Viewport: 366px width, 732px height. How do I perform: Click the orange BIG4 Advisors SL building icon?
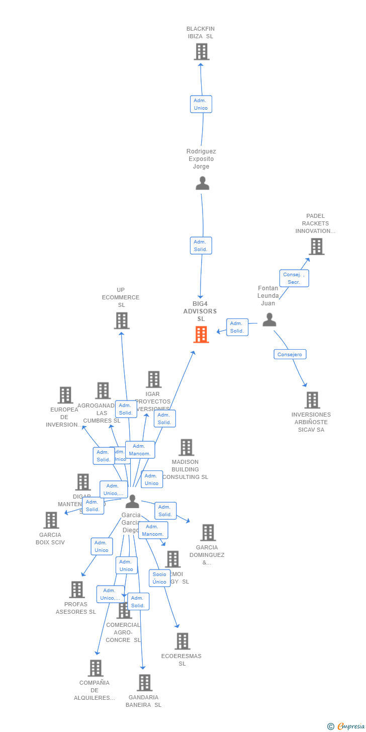tap(201, 335)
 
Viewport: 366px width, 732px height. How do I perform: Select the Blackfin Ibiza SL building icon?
tap(201, 52)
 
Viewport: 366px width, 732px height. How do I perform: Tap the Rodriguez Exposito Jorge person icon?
tap(202, 183)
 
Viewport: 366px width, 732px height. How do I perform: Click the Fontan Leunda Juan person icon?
tap(269, 319)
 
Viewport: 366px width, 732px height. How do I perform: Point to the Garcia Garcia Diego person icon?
tap(132, 501)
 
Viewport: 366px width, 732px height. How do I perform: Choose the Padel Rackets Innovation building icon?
tap(316, 247)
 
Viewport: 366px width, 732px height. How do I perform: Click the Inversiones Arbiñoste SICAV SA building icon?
tap(312, 400)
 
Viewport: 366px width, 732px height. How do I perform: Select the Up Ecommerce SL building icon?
tap(122, 320)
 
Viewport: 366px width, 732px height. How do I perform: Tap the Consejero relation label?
tap(290, 354)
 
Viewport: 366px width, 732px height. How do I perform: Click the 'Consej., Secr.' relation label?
tap(294, 278)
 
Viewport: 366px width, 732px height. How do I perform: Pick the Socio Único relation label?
tap(159, 578)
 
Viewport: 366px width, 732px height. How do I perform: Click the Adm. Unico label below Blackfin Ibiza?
tap(201, 104)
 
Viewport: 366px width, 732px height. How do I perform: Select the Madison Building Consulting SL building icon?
tap(186, 447)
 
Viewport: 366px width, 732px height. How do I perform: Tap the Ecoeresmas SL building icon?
tap(182, 641)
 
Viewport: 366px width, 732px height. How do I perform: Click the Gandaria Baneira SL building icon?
tap(145, 683)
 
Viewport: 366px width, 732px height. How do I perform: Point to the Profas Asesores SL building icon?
tap(76, 590)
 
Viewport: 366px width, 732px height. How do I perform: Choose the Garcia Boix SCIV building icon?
tap(51, 520)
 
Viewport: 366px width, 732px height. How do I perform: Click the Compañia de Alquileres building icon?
tap(95, 668)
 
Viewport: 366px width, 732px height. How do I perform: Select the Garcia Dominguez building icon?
tap(208, 532)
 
